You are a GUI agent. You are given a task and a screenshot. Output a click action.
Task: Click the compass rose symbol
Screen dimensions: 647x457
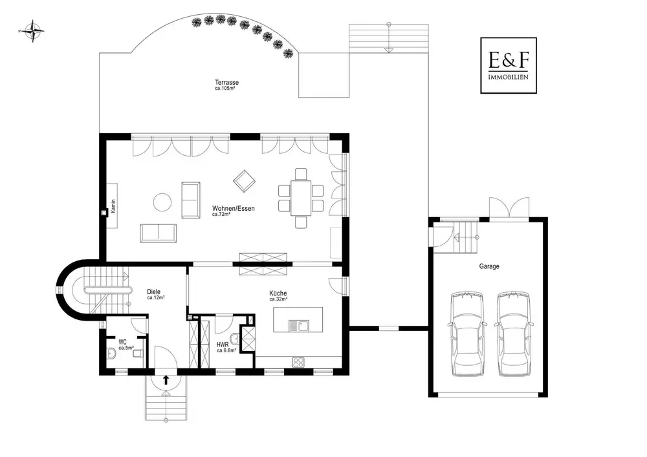click(x=33, y=31)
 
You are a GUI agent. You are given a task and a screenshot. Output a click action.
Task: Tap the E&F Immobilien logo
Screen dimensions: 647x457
click(x=509, y=65)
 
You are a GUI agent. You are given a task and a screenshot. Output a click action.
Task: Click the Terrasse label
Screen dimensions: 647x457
click(x=226, y=82)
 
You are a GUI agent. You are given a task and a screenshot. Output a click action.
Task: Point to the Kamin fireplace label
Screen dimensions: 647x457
click(x=113, y=206)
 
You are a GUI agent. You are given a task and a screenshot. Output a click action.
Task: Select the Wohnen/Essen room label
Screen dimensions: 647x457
click(x=233, y=209)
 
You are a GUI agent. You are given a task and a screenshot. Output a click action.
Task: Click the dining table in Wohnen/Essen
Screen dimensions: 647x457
click(x=301, y=198)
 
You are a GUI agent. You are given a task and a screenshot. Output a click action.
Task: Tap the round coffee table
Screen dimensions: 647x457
click(x=162, y=202)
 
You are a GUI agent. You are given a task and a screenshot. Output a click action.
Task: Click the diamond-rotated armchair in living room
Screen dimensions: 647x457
click(x=244, y=181)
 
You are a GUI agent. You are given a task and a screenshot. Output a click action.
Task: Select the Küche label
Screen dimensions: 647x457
click(x=278, y=293)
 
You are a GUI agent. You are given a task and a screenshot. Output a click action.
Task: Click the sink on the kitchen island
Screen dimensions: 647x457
click(x=299, y=326)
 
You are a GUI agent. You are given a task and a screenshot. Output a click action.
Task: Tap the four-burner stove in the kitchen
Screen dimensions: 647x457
click(x=299, y=362)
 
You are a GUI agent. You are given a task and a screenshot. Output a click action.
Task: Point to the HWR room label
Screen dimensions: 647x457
click(x=223, y=345)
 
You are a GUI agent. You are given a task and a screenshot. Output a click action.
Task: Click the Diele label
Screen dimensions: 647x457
click(x=153, y=292)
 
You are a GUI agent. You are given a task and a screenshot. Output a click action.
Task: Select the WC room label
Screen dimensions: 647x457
click(x=122, y=342)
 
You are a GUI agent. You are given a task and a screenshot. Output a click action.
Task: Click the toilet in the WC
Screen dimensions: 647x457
click(x=139, y=354)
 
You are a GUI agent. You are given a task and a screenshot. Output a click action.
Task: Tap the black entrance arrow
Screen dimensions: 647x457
click(x=166, y=380)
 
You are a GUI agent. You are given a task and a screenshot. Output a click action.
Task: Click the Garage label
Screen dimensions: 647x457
click(x=489, y=266)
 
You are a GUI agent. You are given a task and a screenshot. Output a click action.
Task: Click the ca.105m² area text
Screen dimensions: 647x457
click(x=225, y=88)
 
